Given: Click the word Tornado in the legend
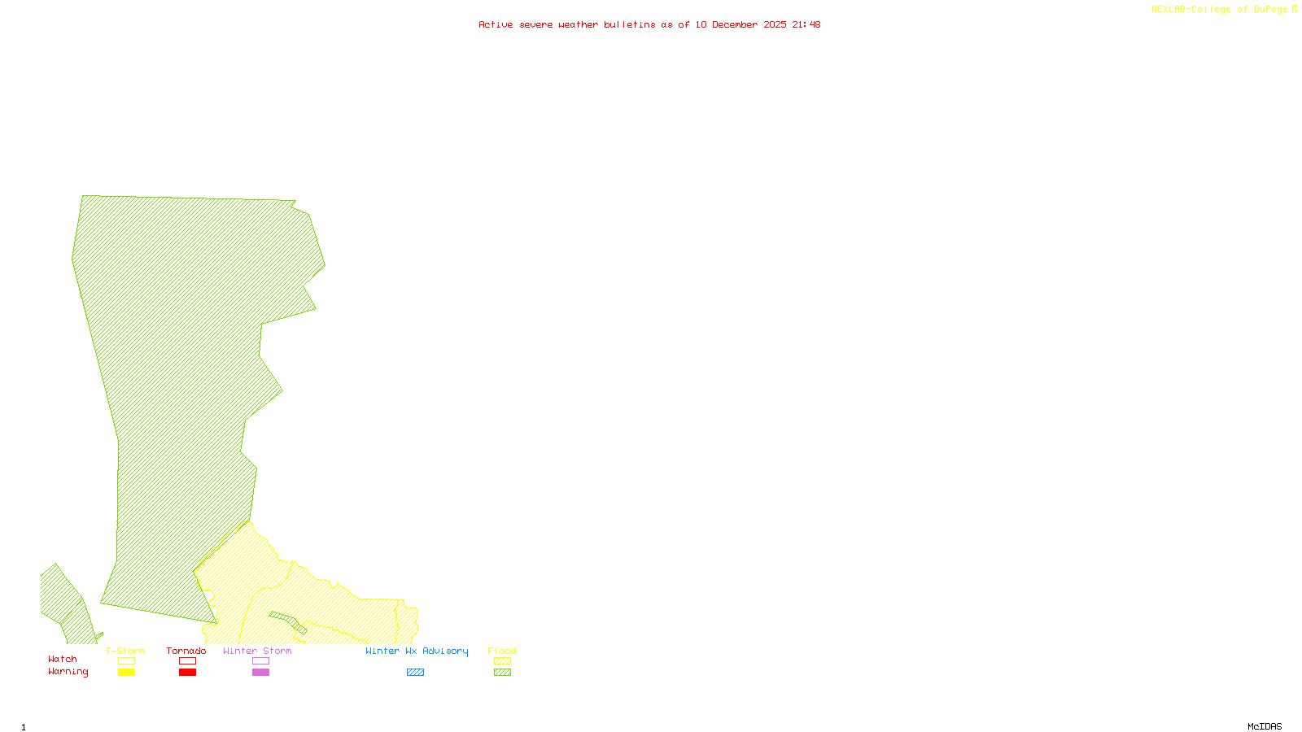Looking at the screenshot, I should (x=186, y=651).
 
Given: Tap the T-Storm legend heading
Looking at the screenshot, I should (x=125, y=651).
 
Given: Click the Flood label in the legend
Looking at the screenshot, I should (x=502, y=651).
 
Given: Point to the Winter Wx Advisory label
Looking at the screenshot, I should (x=417, y=651).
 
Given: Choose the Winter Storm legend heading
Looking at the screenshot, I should (x=257, y=651).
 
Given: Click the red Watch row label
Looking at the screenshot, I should (x=63, y=659).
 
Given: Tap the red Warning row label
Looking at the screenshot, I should (x=68, y=672).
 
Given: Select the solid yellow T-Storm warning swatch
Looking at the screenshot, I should (x=126, y=673).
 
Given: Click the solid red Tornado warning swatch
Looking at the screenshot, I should (x=187, y=673).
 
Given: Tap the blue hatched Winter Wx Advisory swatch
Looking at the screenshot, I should (x=415, y=673).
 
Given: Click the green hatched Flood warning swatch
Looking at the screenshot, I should (x=503, y=673).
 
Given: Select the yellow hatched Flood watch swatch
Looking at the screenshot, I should (x=503, y=661).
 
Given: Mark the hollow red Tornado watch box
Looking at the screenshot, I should (x=187, y=661).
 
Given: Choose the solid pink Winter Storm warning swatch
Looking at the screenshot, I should (x=260, y=673).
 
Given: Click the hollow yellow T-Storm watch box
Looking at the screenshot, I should (x=126, y=661).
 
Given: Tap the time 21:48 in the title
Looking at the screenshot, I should (x=806, y=24).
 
